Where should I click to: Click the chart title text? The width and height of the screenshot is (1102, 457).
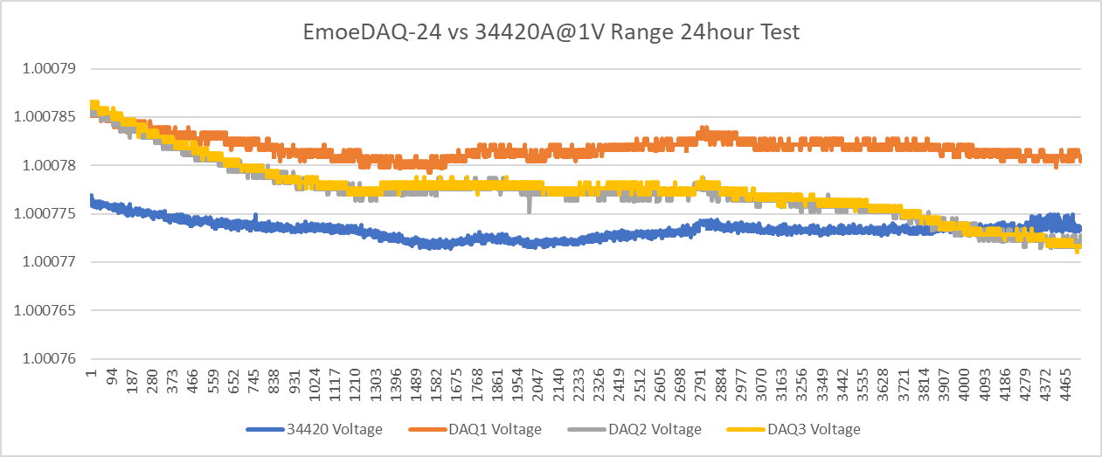coord(551,32)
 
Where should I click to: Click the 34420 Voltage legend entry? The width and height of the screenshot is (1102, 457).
coord(328,429)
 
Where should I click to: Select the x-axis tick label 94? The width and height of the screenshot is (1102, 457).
coord(112,382)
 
